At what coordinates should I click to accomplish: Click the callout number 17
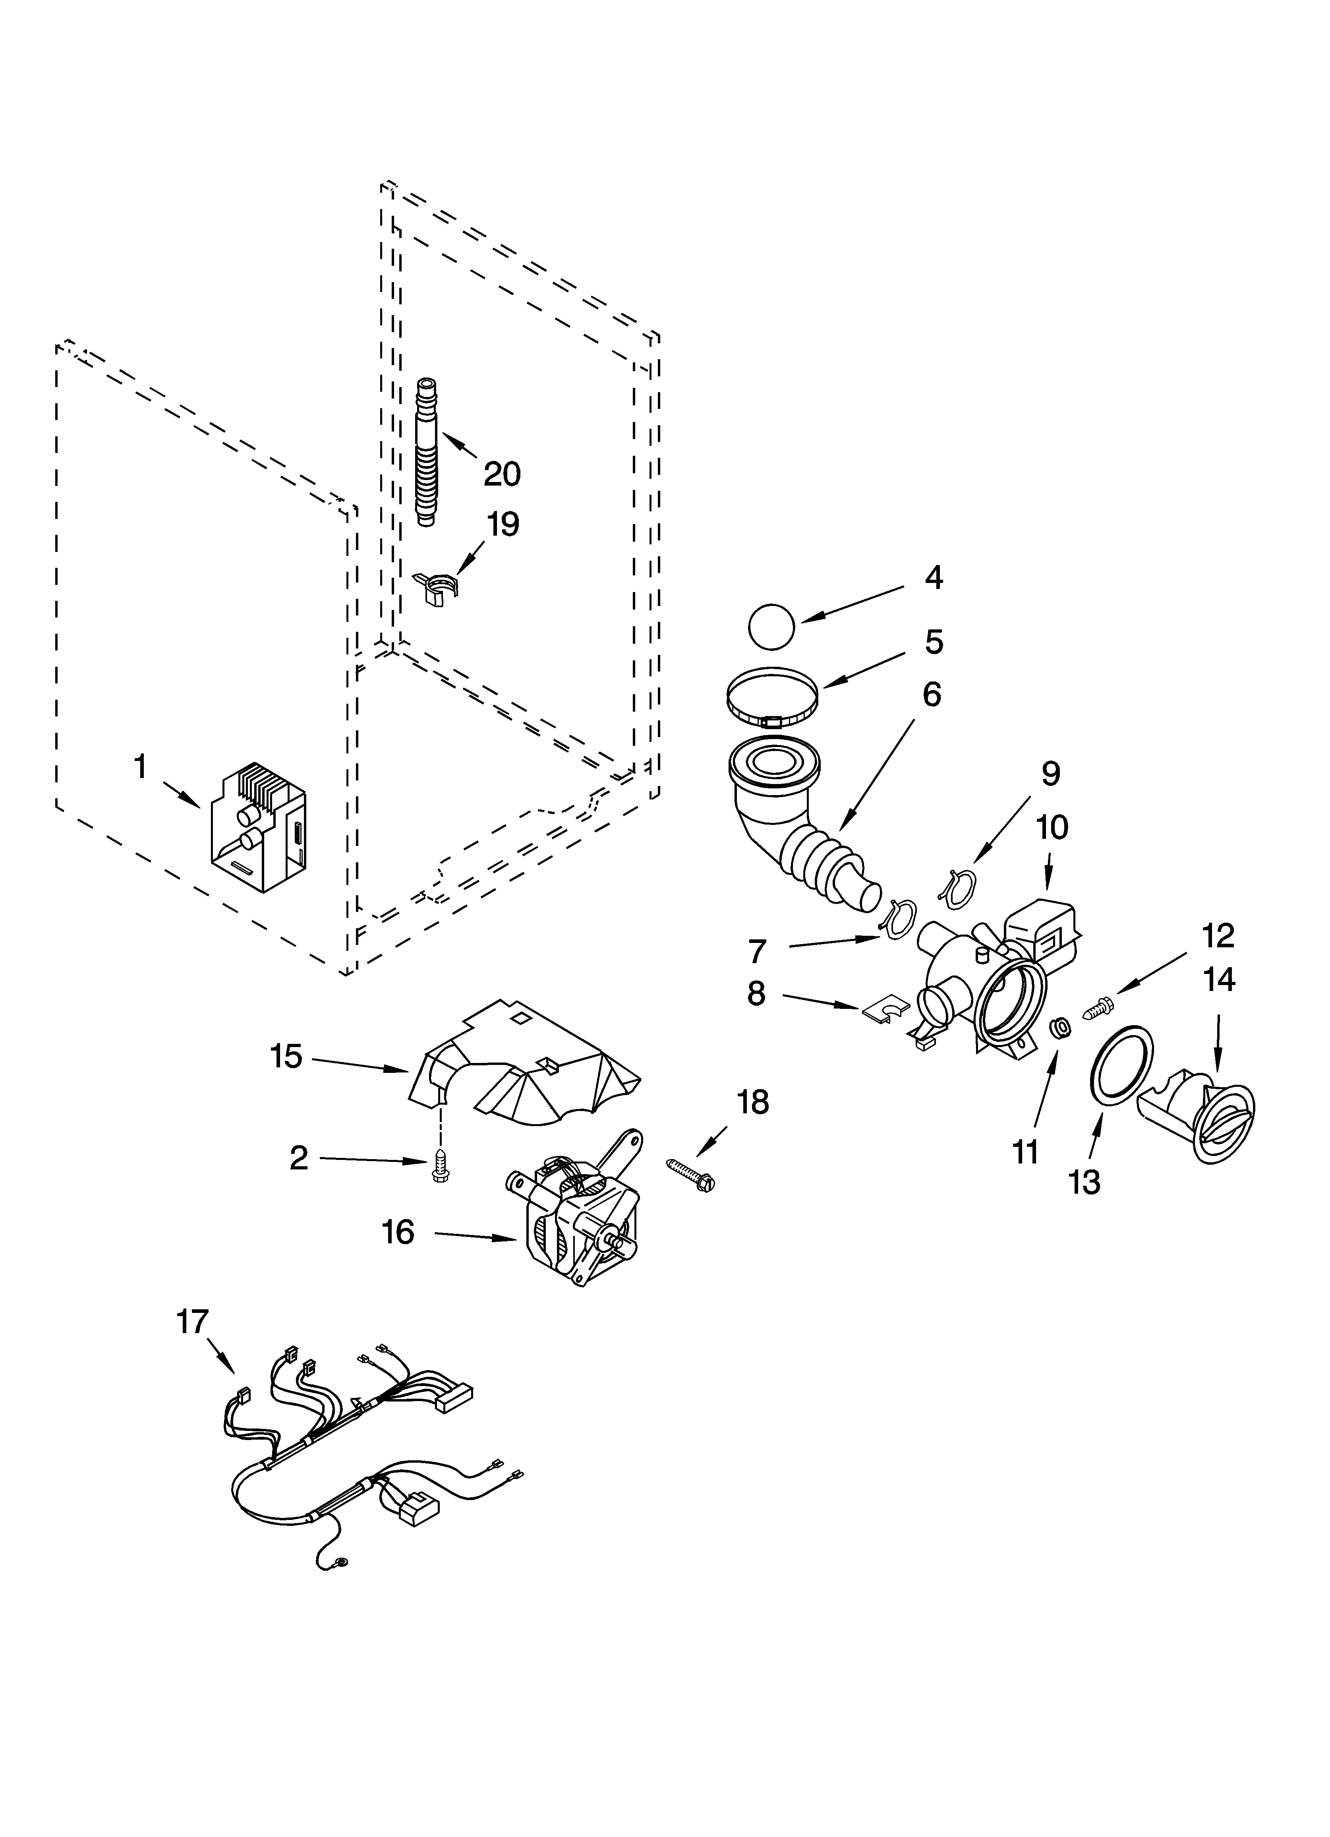pos(193,1322)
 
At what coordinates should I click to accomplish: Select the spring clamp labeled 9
pos(957,886)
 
